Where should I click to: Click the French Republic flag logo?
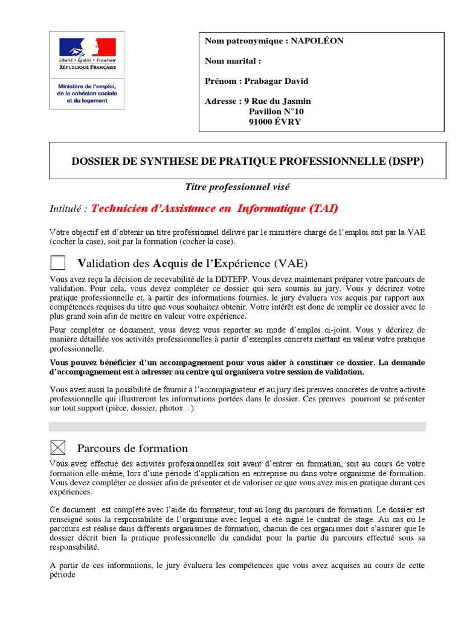86,47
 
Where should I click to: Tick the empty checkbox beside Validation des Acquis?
57,263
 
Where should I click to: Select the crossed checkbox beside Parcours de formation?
57,448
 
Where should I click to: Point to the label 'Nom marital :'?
233,61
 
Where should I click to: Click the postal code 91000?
262,121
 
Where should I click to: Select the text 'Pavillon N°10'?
277,111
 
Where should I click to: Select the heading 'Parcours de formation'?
132,448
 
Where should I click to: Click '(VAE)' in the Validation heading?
290,263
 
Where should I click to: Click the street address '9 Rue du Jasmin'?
276,101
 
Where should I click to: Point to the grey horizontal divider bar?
237,426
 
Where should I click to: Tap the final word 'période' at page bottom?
62,575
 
